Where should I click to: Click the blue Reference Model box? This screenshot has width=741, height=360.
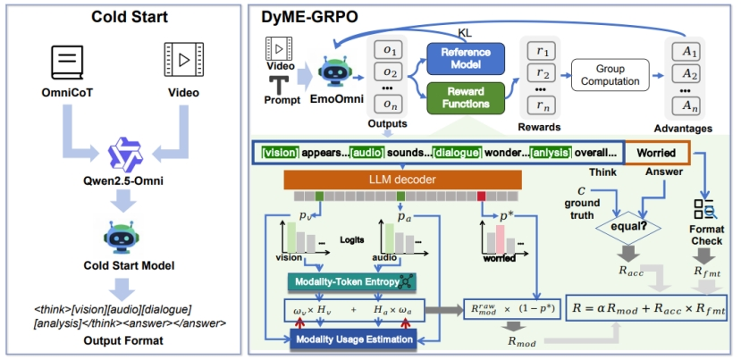465,57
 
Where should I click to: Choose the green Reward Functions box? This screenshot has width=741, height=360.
465,96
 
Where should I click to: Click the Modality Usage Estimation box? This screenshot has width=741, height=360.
351,339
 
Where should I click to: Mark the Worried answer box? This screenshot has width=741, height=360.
657,152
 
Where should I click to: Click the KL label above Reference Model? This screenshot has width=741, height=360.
465,31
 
